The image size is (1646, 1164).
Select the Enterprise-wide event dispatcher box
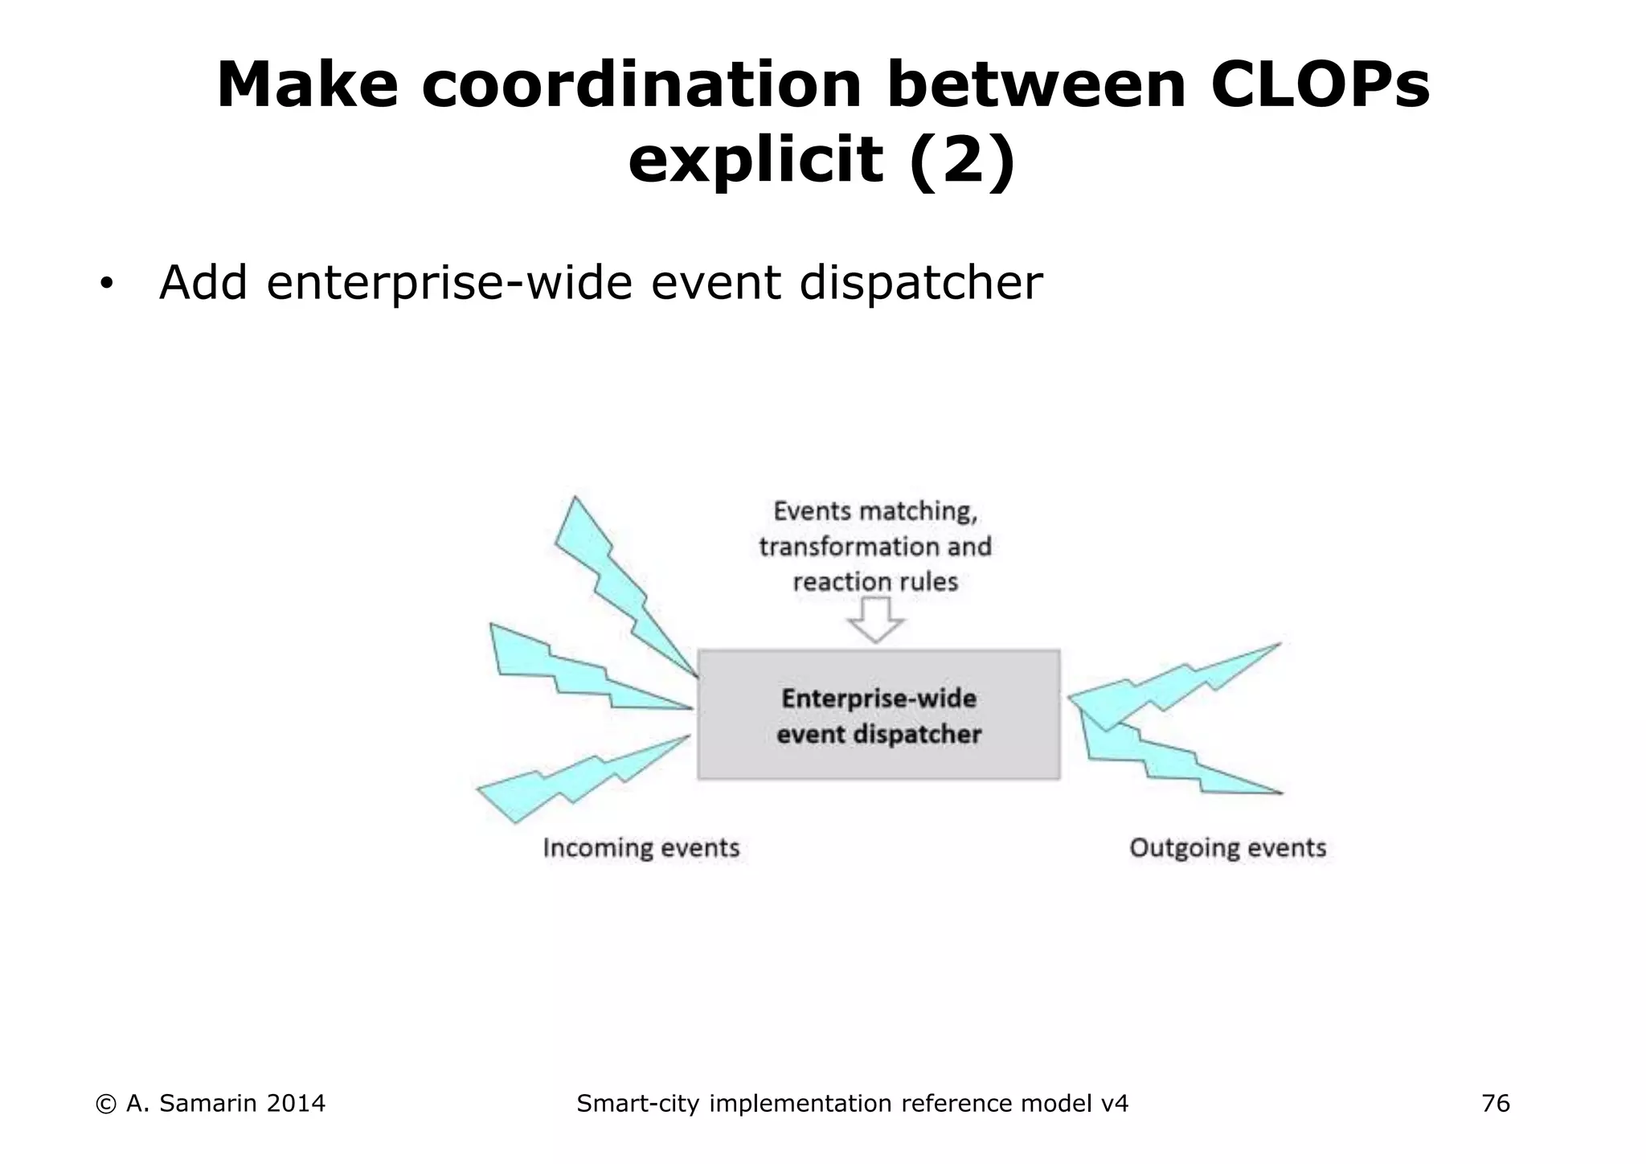click(x=878, y=715)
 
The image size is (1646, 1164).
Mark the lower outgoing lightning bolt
click(x=1165, y=760)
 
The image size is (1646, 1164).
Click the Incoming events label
click(x=641, y=848)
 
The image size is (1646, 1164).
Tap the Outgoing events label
click(x=1227, y=848)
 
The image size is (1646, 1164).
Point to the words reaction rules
click(x=875, y=581)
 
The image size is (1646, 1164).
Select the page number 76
click(x=1495, y=1104)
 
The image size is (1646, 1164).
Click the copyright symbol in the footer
click(x=105, y=1105)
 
